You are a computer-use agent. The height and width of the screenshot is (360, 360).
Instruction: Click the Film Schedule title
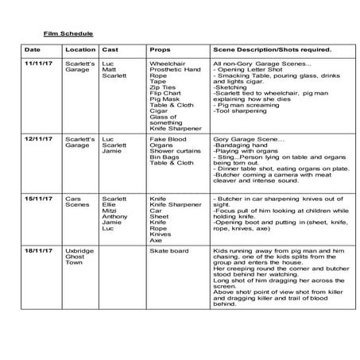tap(68, 33)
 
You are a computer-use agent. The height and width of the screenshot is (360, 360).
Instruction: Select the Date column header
tap(30, 48)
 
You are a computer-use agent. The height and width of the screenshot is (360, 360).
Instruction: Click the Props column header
tap(159, 48)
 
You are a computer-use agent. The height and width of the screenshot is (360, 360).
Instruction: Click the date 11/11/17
tap(37, 63)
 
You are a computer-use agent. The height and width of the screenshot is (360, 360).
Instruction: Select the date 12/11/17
tap(37, 138)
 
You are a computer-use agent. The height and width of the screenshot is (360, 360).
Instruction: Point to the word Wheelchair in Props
tap(168, 63)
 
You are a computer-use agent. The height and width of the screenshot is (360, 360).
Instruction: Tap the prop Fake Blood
tap(165, 138)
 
